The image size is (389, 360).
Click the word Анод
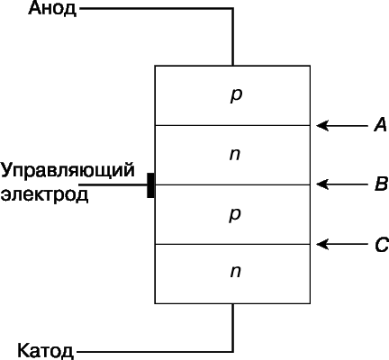[52, 9]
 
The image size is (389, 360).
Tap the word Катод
[45, 350]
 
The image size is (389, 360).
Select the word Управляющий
[68, 172]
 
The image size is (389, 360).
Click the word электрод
[44, 194]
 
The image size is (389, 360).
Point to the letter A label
[380, 125]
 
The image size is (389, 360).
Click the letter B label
[381, 184]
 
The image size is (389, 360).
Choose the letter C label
[382, 245]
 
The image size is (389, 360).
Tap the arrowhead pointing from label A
[322, 125]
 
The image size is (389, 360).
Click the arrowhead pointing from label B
[322, 184]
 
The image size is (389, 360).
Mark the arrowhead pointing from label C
[322, 245]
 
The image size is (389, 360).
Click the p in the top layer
[236, 96]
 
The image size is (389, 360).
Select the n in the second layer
[235, 154]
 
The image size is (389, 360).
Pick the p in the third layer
[235, 215]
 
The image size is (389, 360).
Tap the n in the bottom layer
[236, 272]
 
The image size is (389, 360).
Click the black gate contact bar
[150, 185]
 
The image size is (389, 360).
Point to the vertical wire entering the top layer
[232, 37]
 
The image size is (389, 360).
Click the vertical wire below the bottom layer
[232, 328]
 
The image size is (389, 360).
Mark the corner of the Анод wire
[232, 9]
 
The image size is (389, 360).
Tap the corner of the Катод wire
[232, 351]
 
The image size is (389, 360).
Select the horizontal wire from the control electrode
[113, 185]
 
